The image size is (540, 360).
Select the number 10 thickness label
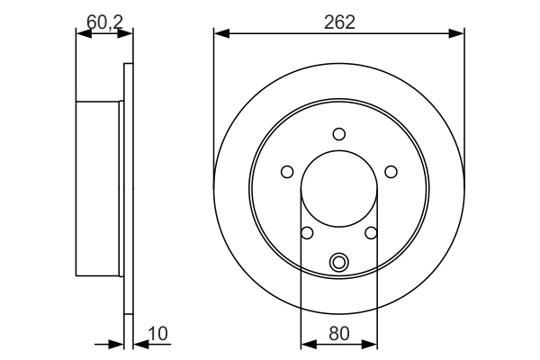[157, 334]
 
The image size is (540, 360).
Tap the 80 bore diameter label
[338, 334]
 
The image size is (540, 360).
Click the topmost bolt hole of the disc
[338, 134]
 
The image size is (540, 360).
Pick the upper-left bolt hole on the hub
[287, 172]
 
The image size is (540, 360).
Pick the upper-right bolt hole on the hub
[391, 171]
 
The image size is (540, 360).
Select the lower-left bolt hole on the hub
[307, 233]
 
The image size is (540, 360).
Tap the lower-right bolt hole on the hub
[371, 233]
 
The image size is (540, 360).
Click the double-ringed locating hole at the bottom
[338, 262]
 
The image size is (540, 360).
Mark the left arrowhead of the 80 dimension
[306, 343]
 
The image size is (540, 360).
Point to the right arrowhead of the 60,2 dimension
[127, 34]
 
